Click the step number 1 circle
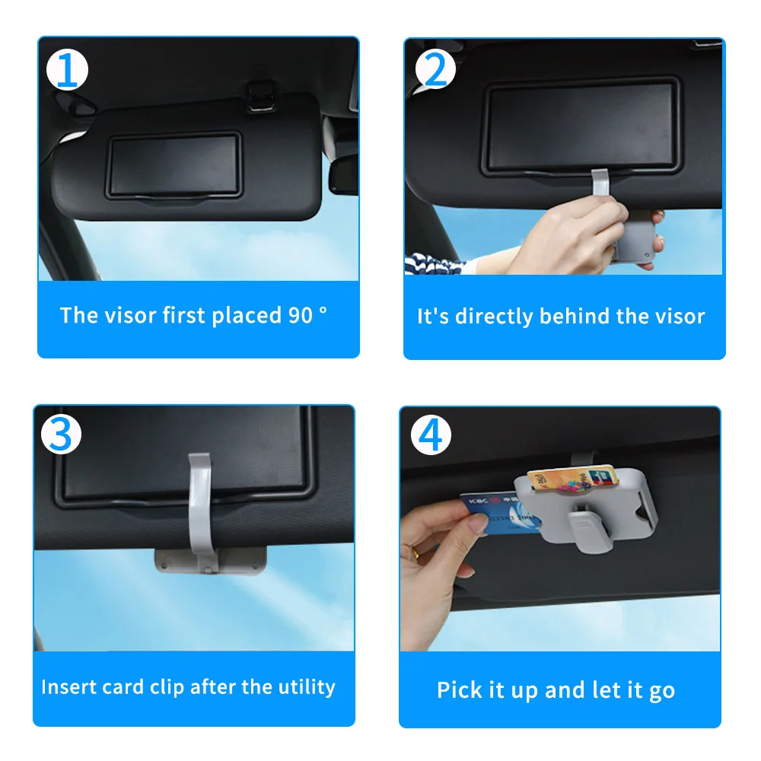68,70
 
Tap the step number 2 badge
435,69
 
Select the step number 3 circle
61,434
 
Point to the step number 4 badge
431,435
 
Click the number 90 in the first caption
301,316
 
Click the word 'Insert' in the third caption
65,686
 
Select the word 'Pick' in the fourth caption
456,689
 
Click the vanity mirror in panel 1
174,164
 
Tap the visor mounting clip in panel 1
262,95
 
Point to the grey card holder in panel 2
635,237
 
